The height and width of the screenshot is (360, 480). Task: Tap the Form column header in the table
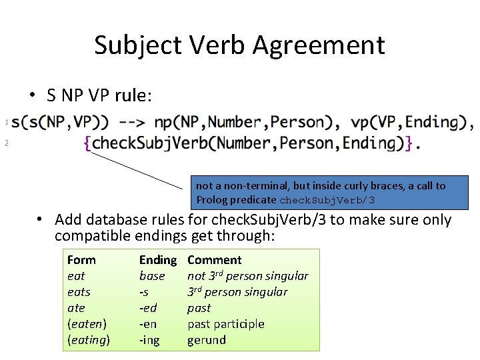81,260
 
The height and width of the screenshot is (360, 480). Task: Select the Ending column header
157,260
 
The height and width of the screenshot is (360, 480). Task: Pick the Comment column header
214,260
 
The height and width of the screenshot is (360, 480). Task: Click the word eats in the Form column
79,292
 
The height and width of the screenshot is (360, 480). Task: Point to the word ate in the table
76,308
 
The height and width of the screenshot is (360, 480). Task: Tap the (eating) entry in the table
89,340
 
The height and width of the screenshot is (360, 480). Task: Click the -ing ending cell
150,340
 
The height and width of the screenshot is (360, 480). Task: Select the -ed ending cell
148,308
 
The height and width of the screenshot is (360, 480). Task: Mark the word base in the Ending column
152,276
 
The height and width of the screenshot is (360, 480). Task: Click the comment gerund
207,340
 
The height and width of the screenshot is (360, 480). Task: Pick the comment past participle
225,324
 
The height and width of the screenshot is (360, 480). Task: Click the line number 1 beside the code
6,122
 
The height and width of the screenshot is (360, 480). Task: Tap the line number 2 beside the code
6,143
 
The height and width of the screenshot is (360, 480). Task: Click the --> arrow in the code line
132,122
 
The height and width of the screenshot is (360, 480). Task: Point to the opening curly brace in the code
88,143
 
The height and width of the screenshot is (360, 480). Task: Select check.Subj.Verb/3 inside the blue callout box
327,200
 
